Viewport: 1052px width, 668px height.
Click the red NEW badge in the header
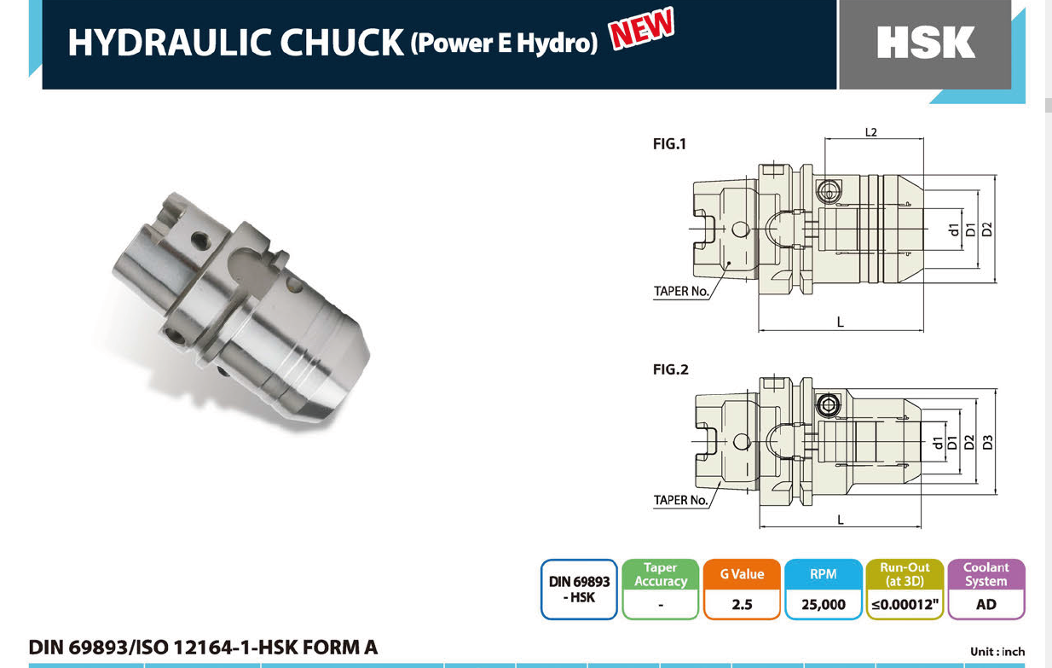coord(642,28)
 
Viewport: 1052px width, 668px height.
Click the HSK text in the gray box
coord(926,43)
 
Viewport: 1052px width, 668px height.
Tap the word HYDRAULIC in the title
coord(171,43)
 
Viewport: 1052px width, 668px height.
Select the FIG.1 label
coord(670,144)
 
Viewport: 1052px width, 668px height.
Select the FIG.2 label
coord(671,369)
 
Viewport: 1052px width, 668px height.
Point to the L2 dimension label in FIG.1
coord(871,132)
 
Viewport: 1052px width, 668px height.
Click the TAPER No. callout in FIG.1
coord(681,292)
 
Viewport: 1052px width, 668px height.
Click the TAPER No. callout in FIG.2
coord(680,500)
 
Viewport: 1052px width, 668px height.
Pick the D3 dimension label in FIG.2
coord(988,443)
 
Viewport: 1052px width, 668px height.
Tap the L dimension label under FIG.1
coord(841,322)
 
